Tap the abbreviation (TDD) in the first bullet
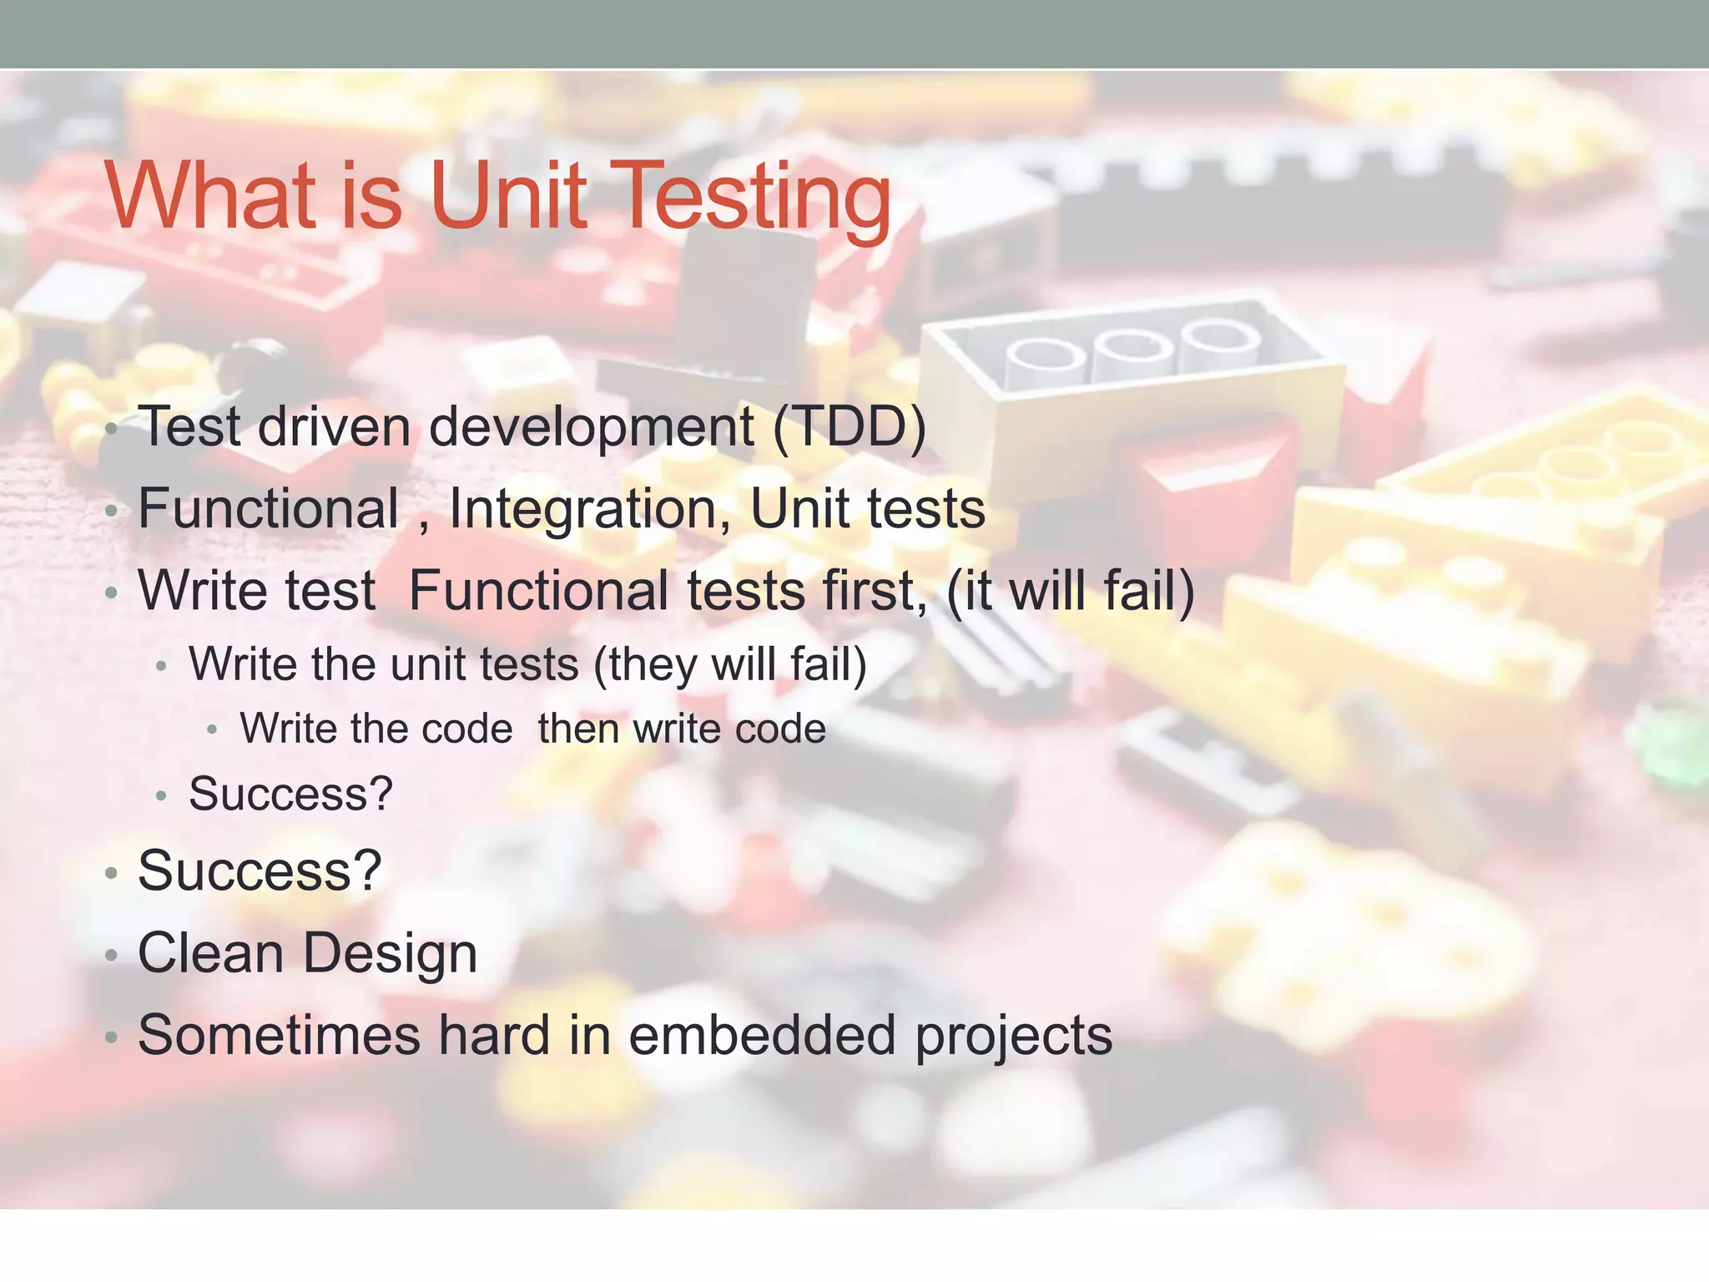(849, 426)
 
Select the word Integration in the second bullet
(589, 508)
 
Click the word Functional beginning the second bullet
(268, 508)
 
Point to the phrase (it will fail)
(1071, 590)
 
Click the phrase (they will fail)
(730, 664)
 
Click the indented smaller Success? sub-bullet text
(290, 794)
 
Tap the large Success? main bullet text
(260, 871)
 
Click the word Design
(389, 953)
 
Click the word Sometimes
(279, 1035)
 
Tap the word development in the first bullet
(591, 426)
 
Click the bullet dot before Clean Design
(112, 956)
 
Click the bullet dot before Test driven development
(112, 429)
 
